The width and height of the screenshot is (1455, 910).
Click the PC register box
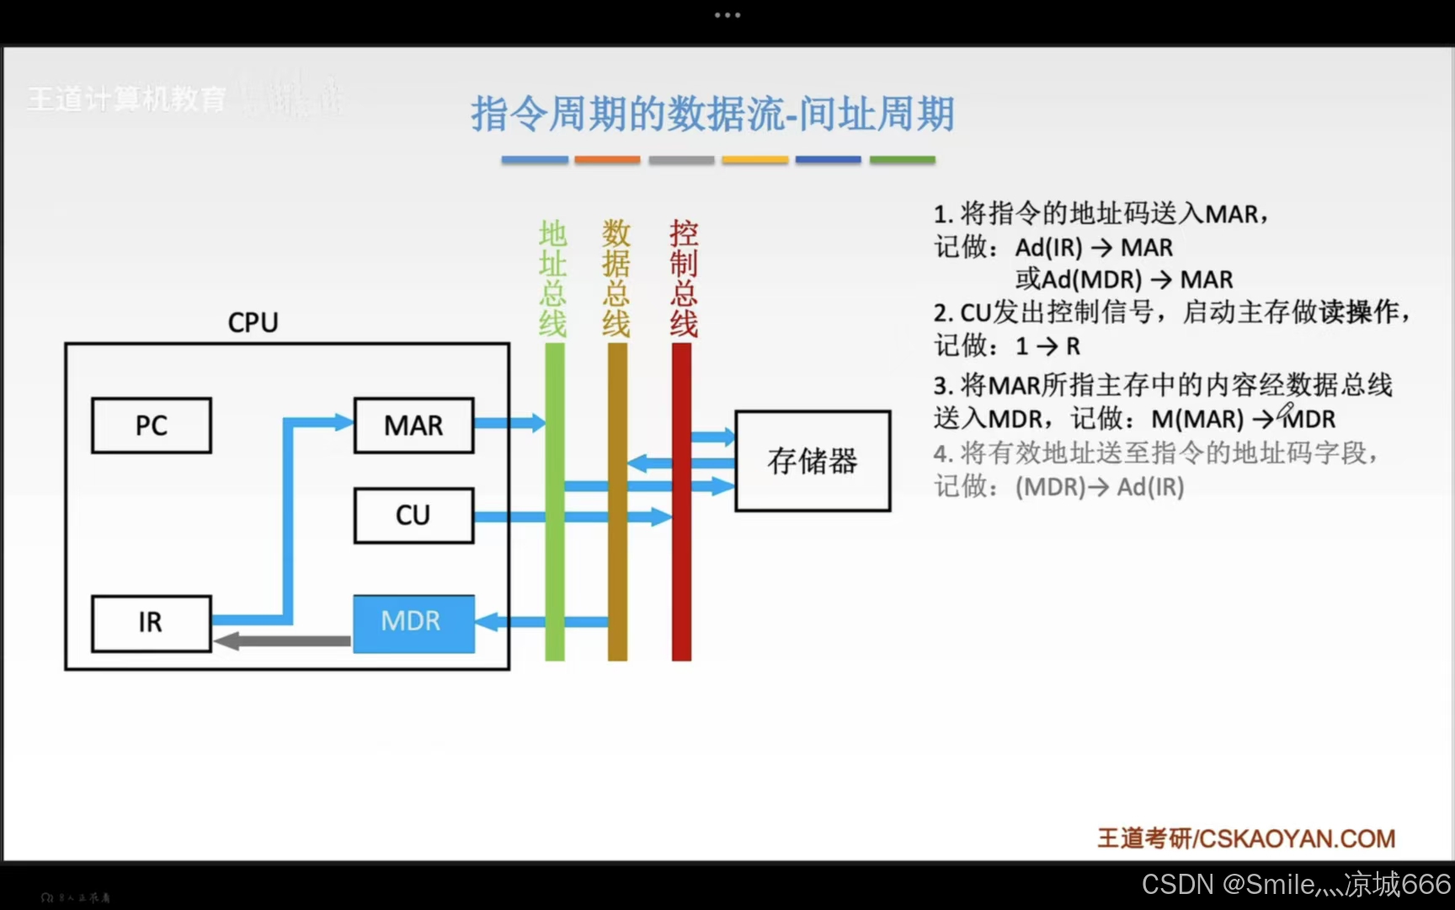pyautogui.click(x=152, y=426)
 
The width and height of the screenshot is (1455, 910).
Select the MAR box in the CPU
pyautogui.click(x=413, y=426)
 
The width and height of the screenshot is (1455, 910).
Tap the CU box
pyautogui.click(x=413, y=515)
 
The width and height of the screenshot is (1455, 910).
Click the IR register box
pyautogui.click(x=151, y=623)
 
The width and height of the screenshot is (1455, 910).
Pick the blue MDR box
pyautogui.click(x=413, y=623)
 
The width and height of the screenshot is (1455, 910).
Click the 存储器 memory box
pyautogui.click(x=813, y=461)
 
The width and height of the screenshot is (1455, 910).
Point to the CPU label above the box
pyautogui.click(x=253, y=322)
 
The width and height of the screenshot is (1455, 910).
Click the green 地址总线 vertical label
pyautogui.click(x=553, y=278)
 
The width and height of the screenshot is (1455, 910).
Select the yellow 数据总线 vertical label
pyautogui.click(x=616, y=278)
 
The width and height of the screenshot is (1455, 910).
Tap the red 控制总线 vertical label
pyautogui.click(x=683, y=278)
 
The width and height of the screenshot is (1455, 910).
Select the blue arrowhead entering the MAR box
pyautogui.click(x=344, y=422)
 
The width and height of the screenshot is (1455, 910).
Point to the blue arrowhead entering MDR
pyautogui.click(x=487, y=623)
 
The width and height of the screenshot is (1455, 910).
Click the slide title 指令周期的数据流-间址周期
pyautogui.click(x=712, y=114)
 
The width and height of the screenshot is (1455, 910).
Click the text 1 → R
pyautogui.click(x=1048, y=346)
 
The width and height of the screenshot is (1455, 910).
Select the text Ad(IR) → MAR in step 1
pyautogui.click(x=1094, y=248)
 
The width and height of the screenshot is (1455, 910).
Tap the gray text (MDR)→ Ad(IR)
pyautogui.click(x=1100, y=487)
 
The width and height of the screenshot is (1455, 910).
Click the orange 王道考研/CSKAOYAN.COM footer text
pyautogui.click(x=1246, y=838)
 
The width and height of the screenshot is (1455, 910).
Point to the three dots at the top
pyautogui.click(x=727, y=15)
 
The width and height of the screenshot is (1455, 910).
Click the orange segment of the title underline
pyautogui.click(x=607, y=159)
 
